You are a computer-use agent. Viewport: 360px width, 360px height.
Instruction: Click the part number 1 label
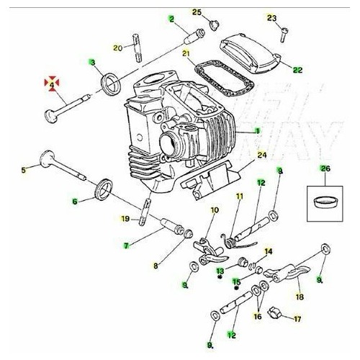(x=257, y=131)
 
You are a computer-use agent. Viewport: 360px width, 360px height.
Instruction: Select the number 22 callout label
(x=297, y=69)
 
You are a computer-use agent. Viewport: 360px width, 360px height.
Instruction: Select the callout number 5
(x=23, y=170)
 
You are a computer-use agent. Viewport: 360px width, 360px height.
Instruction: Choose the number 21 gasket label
(x=186, y=53)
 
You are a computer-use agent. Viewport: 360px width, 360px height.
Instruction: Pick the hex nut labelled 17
(x=274, y=313)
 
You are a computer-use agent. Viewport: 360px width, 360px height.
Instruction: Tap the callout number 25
(x=197, y=12)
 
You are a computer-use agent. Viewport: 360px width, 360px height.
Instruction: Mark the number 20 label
(x=118, y=48)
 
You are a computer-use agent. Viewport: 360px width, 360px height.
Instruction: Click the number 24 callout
(x=261, y=155)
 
